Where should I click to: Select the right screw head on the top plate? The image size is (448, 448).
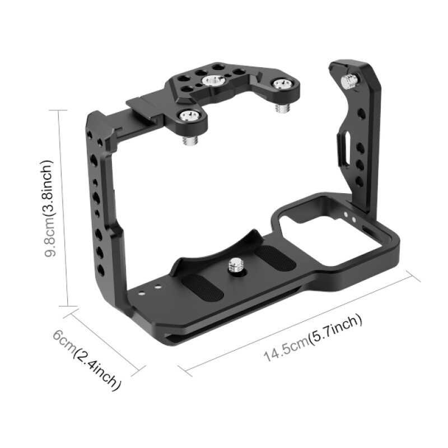[280, 85]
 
